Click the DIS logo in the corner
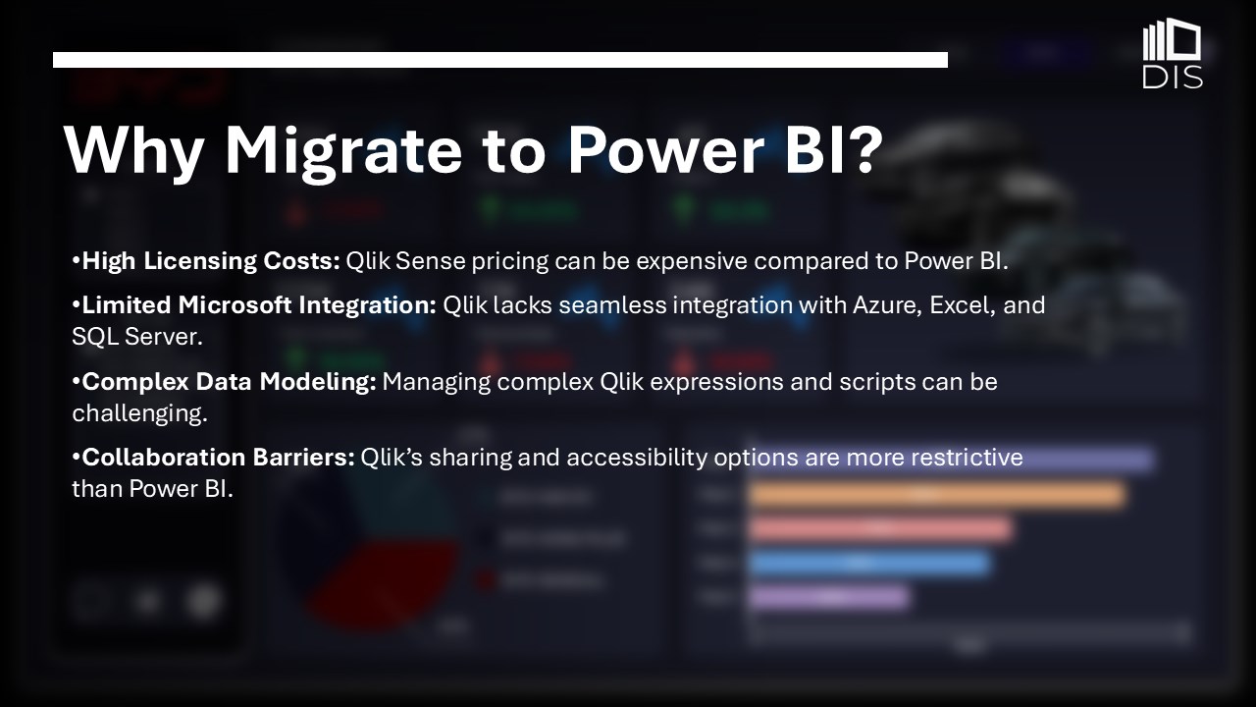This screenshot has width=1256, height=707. coord(1172,53)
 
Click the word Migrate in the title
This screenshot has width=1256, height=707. coord(343,151)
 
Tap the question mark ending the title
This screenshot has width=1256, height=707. coord(864,147)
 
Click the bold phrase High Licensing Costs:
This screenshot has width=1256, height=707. coord(211,261)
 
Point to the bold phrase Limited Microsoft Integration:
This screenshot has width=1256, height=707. coord(259,305)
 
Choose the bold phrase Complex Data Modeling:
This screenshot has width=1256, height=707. coord(229,382)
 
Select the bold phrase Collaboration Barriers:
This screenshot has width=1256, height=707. coord(218,458)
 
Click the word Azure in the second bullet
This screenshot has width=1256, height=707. coord(888,305)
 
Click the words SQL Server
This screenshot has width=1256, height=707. coord(137,337)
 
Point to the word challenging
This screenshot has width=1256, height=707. coord(140,414)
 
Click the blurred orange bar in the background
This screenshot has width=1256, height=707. coord(937,495)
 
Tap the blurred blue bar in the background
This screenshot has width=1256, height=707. coord(869,564)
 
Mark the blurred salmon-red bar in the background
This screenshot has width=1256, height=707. coord(880,529)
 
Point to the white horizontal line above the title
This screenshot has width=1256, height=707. coord(500,60)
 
